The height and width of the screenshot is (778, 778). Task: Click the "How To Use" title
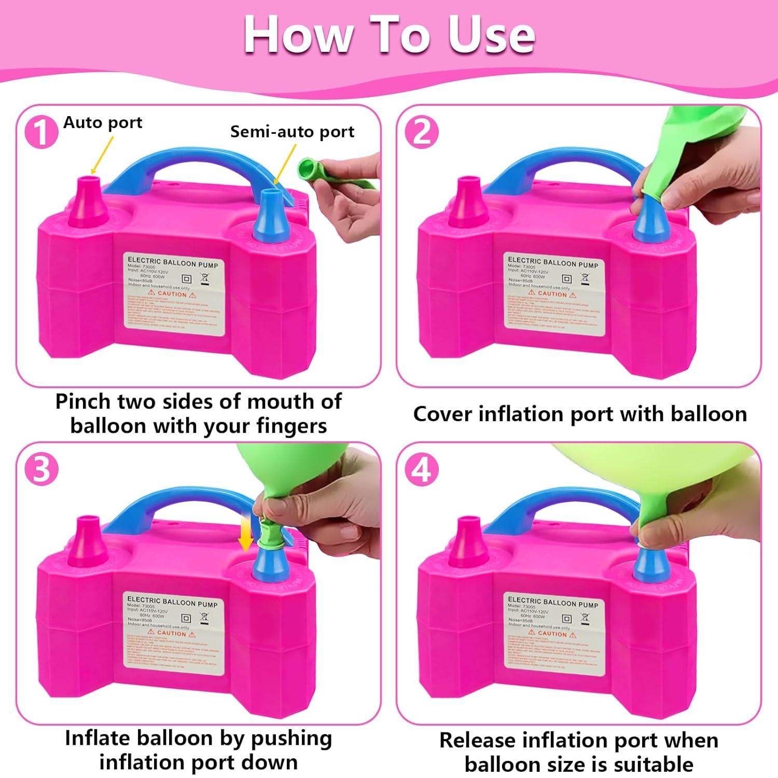389,35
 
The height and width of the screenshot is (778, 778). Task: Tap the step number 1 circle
41,132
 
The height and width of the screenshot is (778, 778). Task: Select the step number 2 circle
421,132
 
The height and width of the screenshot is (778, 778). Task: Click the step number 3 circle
41,469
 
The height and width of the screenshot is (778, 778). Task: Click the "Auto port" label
103,123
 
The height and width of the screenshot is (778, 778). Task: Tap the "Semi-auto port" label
292,132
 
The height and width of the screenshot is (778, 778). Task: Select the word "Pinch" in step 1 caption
83,402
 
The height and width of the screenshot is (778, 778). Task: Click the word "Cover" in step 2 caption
442,414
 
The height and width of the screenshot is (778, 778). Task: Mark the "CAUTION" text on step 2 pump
552,294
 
